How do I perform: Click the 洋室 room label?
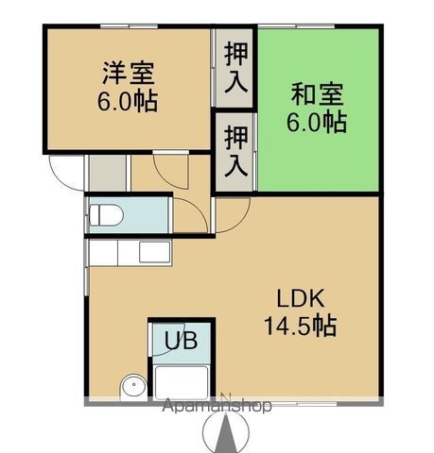tap(129, 74)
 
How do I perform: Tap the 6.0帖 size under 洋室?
tap(129, 100)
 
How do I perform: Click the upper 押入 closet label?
tap(235, 68)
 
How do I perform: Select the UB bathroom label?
tap(182, 341)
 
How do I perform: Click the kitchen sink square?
tap(151, 252)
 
